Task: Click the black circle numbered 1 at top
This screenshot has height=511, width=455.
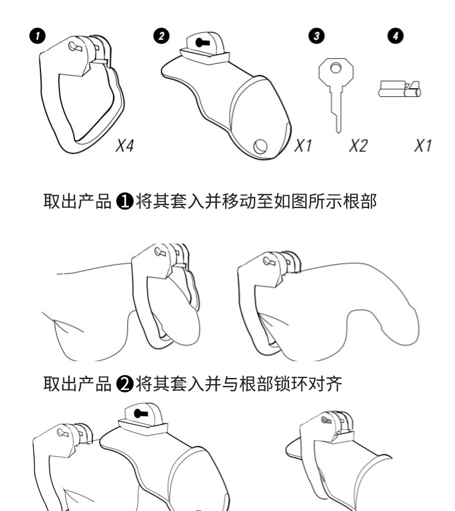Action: pos(38,36)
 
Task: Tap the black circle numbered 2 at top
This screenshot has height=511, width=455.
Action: pos(161,36)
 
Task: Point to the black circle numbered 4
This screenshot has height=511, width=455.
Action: pos(395,36)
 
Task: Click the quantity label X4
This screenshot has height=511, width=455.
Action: pos(124,146)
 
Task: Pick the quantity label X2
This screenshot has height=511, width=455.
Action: pos(357,146)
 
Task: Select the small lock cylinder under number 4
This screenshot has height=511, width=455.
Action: pos(399,90)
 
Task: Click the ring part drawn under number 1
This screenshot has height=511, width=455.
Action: pos(81,92)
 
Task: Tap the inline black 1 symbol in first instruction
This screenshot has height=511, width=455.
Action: pos(124,202)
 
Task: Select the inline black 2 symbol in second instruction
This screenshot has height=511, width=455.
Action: pos(124,383)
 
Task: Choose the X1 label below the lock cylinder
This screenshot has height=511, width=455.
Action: pos(423,146)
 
